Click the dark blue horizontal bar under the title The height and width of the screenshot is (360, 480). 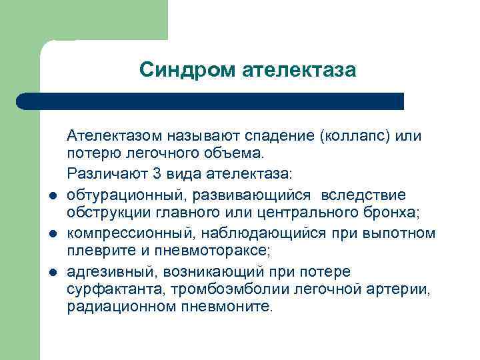click(210, 101)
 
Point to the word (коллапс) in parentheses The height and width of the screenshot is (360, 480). click(355, 136)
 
